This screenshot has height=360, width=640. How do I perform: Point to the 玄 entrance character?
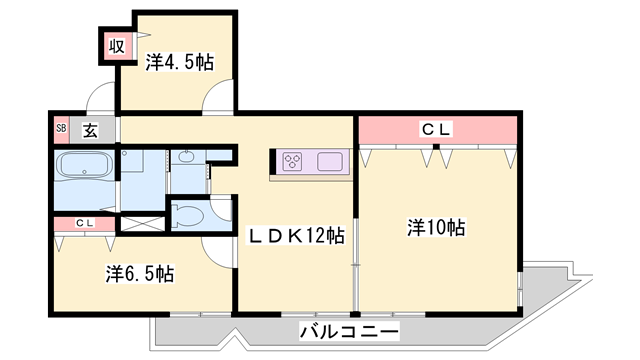click(89, 128)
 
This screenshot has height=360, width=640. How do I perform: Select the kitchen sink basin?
click(330, 160)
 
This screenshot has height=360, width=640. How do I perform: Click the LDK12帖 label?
click(297, 236)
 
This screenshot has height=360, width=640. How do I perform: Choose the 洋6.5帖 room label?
click(140, 272)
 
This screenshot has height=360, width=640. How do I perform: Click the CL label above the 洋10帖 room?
click(436, 128)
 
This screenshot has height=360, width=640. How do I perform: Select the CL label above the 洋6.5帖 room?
click(84, 224)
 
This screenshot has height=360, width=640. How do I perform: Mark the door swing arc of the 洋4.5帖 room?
click(215, 99)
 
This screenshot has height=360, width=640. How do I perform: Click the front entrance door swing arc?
click(101, 100)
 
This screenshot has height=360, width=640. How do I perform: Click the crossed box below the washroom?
click(139, 223)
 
